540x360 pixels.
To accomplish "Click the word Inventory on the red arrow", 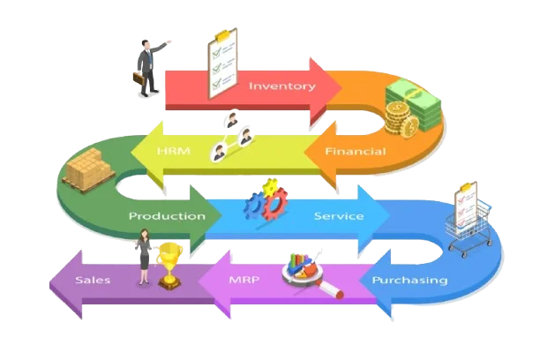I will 281,86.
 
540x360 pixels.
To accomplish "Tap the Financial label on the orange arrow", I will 355,152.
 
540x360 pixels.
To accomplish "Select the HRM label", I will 168,152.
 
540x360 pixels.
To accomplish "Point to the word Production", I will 168,215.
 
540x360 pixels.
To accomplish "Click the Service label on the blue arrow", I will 339,215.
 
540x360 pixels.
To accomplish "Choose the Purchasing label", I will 409,281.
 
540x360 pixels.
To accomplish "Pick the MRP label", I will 244,281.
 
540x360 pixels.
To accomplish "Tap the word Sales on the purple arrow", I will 93,281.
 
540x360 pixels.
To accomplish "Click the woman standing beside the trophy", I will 144,256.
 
